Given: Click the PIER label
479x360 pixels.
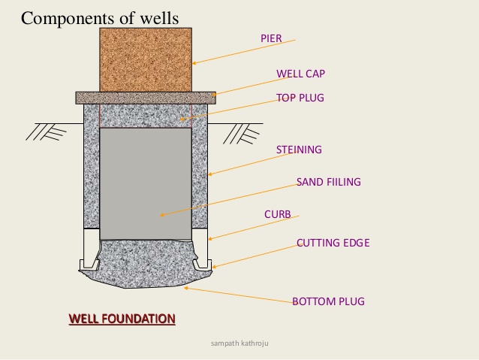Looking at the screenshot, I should (x=271, y=38).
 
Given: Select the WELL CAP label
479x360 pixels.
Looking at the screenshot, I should (x=300, y=74).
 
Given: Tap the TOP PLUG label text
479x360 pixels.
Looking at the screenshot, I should (x=300, y=98).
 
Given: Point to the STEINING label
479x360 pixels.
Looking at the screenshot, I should (x=299, y=150).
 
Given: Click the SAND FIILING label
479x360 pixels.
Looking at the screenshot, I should (x=329, y=182).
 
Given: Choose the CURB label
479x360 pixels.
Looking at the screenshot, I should (x=277, y=214).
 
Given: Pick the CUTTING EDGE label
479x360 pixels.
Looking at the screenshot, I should (x=333, y=243).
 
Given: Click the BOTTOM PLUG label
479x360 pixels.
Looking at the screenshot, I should (x=328, y=301).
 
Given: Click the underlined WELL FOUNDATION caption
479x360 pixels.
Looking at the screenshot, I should (x=122, y=319).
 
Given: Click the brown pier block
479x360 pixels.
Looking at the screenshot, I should (x=145, y=59).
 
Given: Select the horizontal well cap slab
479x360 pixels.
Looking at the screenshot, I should (x=145, y=97).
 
